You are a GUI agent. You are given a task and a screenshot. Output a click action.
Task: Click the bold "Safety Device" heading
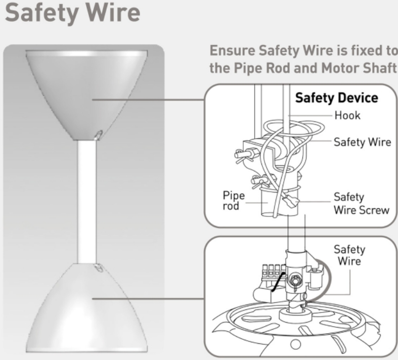(336, 98)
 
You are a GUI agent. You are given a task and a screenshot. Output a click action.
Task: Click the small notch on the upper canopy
(99, 134)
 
